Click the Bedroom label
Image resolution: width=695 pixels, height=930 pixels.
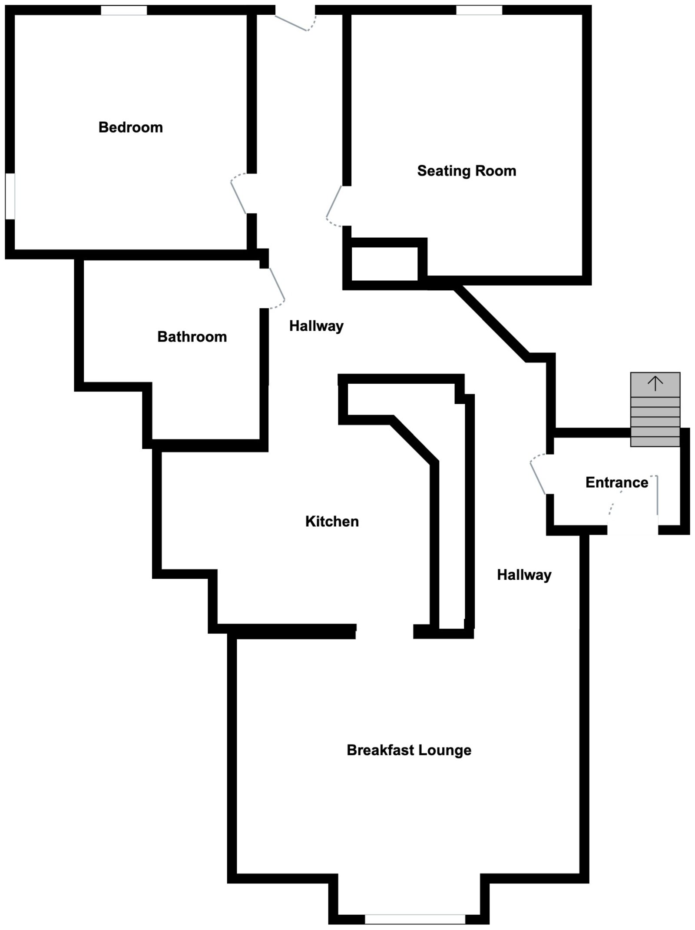[130, 127]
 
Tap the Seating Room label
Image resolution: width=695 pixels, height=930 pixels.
[467, 171]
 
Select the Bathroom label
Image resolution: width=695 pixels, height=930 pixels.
[192, 337]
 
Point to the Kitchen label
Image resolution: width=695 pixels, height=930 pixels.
[332, 521]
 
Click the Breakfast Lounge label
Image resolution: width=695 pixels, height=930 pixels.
[409, 750]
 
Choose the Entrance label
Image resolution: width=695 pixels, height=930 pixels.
[616, 482]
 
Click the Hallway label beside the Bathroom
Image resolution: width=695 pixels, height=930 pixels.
[316, 326]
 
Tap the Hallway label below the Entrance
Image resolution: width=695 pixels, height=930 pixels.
[524, 575]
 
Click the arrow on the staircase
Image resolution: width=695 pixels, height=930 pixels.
[655, 383]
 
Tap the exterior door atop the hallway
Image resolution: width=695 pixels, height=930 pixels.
[295, 22]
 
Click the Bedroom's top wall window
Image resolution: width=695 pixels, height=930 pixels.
[124, 10]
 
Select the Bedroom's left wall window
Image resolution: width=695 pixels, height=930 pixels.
[10, 196]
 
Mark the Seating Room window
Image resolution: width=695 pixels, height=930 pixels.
[479, 10]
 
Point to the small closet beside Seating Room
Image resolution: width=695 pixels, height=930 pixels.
[384, 264]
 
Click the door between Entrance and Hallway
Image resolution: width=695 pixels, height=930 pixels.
[538, 475]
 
